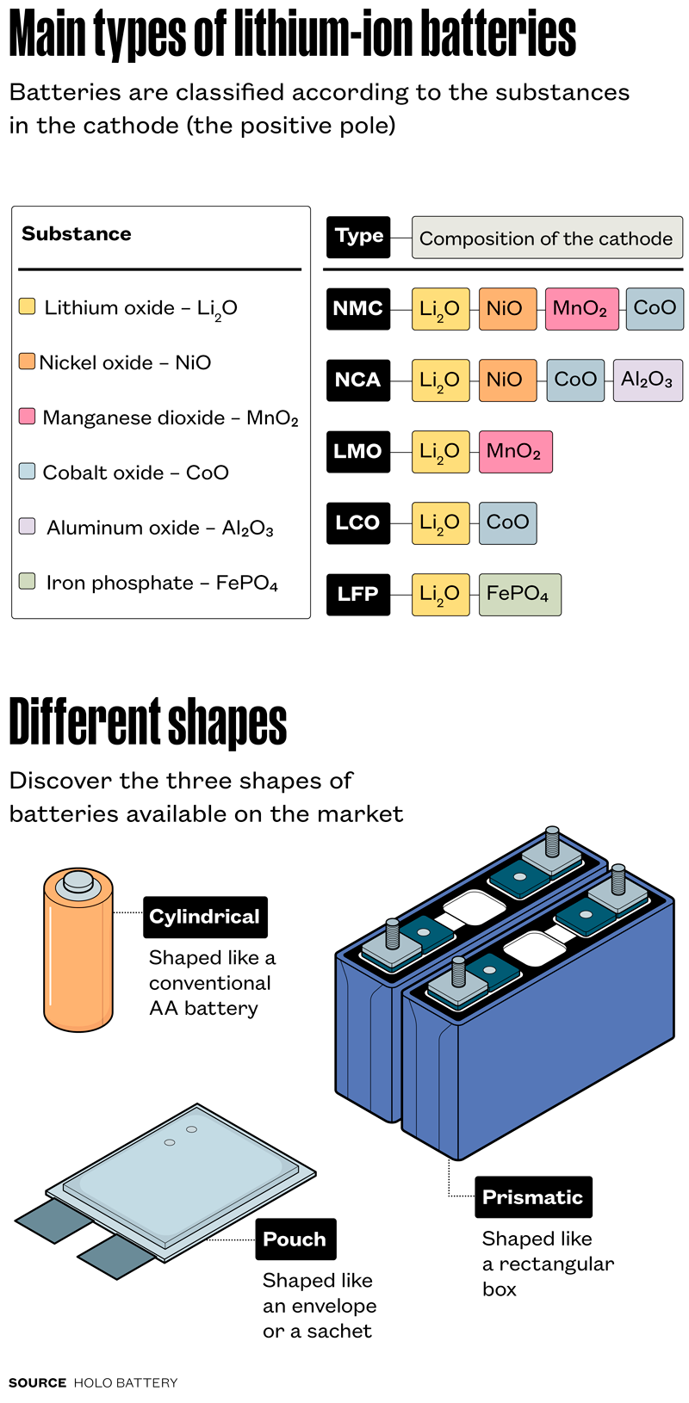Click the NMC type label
point(357,309)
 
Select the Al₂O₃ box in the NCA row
point(647,380)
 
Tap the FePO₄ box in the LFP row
point(519,594)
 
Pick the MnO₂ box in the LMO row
point(515,452)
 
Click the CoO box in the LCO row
point(507,522)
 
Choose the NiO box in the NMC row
point(507,309)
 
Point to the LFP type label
point(357,594)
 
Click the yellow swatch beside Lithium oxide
point(28,306)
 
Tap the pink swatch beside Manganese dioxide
point(28,417)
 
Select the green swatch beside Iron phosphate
point(28,581)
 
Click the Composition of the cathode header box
point(547,238)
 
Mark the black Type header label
point(358,238)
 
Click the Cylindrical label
point(205,917)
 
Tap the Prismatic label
point(533,1196)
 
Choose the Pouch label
point(295,1239)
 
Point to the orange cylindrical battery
point(78,964)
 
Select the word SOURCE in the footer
point(37,1382)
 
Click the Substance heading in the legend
point(77,234)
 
